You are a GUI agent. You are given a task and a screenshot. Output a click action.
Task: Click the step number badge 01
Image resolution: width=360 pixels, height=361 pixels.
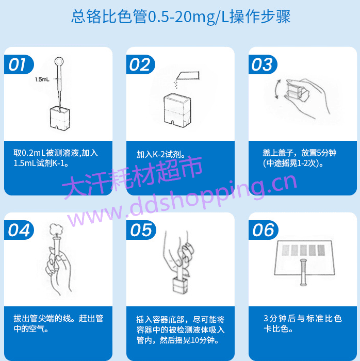tap(19, 64)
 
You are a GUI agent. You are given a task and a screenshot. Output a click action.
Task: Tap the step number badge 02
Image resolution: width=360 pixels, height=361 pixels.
tap(140, 64)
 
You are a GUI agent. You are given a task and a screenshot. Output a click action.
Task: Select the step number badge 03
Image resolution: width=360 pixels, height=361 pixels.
tap(263, 64)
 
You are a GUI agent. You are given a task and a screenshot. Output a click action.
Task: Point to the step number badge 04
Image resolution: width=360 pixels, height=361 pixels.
tap(19, 230)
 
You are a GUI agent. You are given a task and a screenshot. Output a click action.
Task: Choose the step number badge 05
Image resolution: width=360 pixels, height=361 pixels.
tap(141, 230)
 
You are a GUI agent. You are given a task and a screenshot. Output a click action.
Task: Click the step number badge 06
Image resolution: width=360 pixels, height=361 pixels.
tap(264, 230)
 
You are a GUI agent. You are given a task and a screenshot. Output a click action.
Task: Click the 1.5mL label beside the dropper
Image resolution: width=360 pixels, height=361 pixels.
tap(42, 79)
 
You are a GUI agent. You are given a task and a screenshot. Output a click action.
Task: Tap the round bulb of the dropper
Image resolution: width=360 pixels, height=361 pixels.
tap(59, 61)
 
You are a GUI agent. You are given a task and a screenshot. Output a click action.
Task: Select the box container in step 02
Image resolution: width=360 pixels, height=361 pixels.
tap(177, 110)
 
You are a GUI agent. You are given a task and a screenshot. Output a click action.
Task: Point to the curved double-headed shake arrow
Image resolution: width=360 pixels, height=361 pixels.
tap(277, 89)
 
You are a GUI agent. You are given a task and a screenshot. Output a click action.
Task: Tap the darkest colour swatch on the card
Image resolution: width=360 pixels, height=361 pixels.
tap(321, 250)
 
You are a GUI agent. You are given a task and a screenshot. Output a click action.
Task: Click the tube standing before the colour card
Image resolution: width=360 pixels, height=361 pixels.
tap(303, 272)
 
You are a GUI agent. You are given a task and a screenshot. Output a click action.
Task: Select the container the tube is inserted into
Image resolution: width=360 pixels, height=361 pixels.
tap(180, 285)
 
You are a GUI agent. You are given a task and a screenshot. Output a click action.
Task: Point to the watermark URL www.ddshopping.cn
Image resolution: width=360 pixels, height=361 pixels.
tap(182, 200)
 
